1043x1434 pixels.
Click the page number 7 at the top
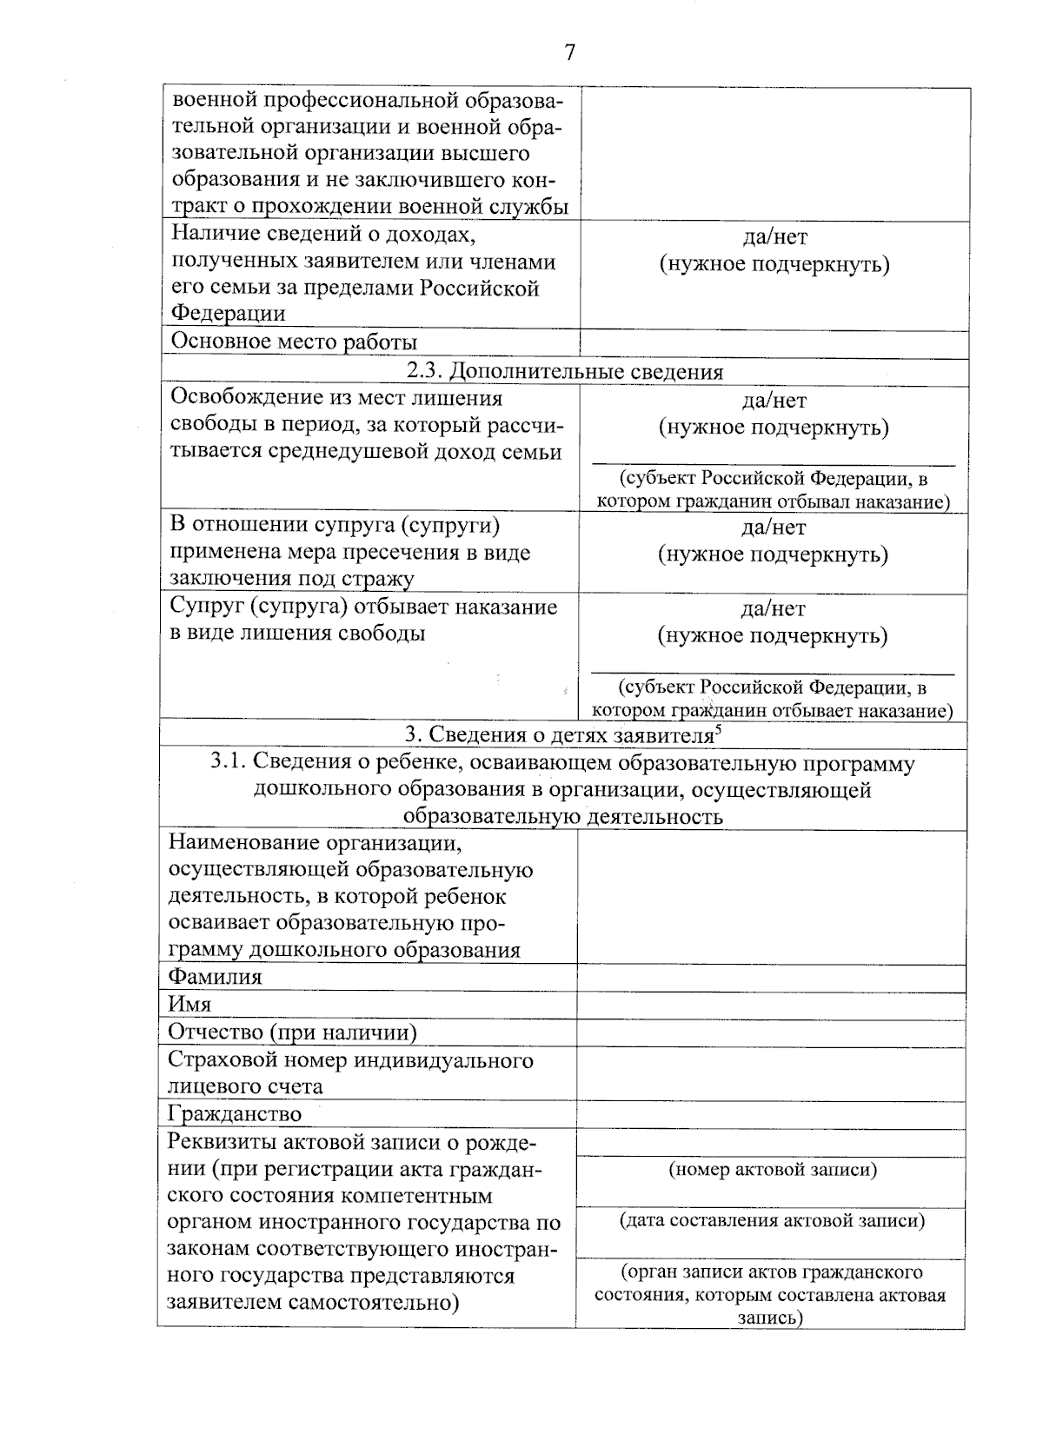570,53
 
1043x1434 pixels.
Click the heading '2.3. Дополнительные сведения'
565,372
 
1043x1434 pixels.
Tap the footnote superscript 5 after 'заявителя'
717,730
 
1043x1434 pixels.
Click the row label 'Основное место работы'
294,342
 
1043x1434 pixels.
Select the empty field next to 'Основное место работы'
774,342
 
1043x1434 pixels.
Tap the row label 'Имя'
190,1004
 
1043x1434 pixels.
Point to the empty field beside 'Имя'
771,1005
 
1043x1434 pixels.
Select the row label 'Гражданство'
235,1113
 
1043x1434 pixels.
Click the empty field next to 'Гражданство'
771,1114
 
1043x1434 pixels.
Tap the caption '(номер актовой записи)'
772,1170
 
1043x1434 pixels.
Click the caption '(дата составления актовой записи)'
772,1221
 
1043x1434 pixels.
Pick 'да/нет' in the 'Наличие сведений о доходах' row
774,237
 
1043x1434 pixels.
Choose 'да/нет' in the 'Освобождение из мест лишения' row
774,401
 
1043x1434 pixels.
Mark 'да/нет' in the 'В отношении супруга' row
774,528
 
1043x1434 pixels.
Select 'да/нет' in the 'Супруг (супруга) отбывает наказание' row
774,609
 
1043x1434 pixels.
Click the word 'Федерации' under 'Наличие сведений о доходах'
228,313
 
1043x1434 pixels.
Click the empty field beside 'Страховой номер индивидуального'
771,1073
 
